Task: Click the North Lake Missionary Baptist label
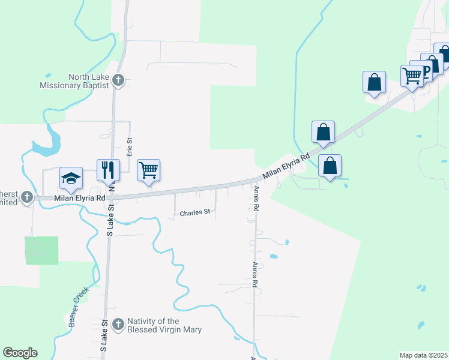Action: pyautogui.click(x=74, y=81)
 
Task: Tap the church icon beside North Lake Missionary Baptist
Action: pyautogui.click(x=118, y=79)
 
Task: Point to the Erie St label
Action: pyautogui.click(x=129, y=146)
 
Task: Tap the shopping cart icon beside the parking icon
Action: pyautogui.click(x=412, y=76)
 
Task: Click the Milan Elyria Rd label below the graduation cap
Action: pyautogui.click(x=80, y=198)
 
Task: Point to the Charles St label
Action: pyautogui.click(x=195, y=212)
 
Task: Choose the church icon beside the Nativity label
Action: pyautogui.click(x=118, y=325)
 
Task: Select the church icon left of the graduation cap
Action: pyautogui.click(x=26, y=196)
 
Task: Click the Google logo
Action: pyautogui.click(x=20, y=353)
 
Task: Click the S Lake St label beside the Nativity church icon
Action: pyautogui.click(x=104, y=335)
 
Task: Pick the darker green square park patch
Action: pyautogui.click(x=42, y=250)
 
